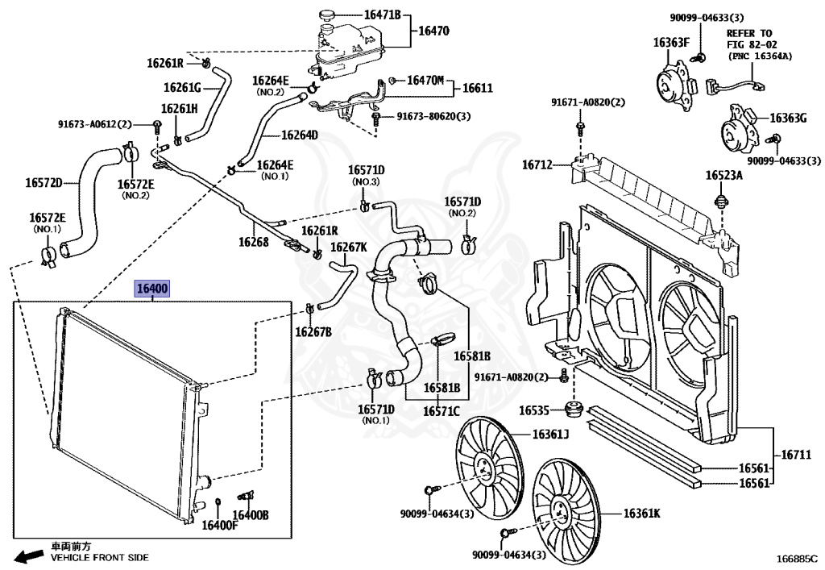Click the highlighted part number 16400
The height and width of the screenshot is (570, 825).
pos(151,289)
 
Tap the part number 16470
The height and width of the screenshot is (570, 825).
pos(433,32)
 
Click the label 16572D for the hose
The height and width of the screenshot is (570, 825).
pos(44,182)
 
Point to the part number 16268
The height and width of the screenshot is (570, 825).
pos(253,240)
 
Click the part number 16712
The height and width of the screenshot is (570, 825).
pos(537,165)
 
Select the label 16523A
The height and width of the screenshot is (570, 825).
pos(724,175)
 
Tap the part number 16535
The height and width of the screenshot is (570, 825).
pos(533,410)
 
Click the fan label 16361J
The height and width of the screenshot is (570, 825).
pos(549,436)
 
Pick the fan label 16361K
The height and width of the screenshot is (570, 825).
pos(641,512)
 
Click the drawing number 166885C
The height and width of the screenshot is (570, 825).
pos(797,558)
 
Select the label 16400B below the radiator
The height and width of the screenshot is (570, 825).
pos(251,515)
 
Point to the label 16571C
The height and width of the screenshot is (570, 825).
pos(440,411)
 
